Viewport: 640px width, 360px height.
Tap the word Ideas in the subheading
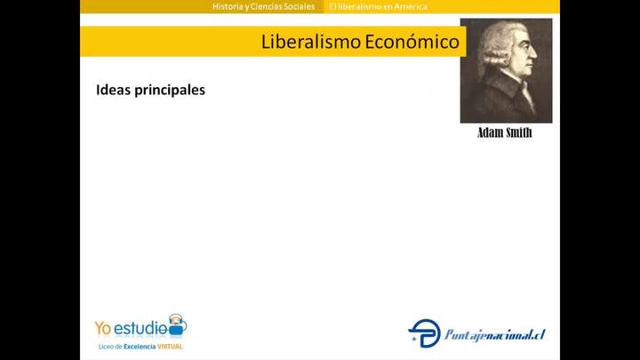point(112,90)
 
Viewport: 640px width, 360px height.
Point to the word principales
point(168,91)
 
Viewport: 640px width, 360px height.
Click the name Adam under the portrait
point(490,132)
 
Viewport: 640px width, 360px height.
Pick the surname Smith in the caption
point(519,132)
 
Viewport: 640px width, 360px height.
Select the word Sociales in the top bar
point(297,6)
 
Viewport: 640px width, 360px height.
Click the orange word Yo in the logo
point(104,326)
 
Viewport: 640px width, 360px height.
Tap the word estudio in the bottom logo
point(141,326)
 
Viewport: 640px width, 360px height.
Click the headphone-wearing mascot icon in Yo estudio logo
point(177,324)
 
